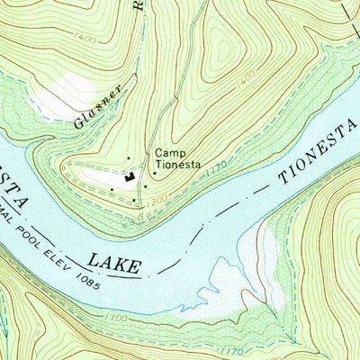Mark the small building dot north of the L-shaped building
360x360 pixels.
[129, 160]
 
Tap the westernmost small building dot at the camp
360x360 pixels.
[111, 189]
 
